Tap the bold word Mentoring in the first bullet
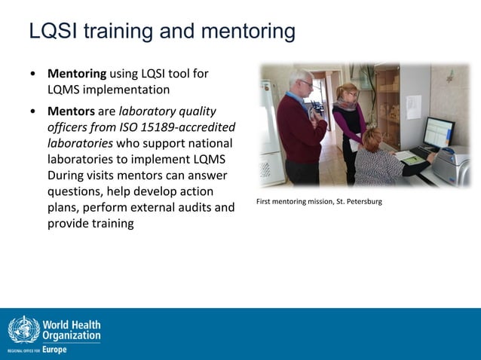(76, 74)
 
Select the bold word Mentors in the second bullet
(71, 111)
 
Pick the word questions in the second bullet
(75, 191)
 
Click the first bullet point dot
(32, 75)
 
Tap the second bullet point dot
(32, 111)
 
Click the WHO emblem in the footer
(23, 330)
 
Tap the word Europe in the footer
(54, 349)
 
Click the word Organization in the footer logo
(71, 335)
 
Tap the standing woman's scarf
(348, 106)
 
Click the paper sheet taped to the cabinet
(414, 104)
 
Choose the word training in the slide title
(148, 32)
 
